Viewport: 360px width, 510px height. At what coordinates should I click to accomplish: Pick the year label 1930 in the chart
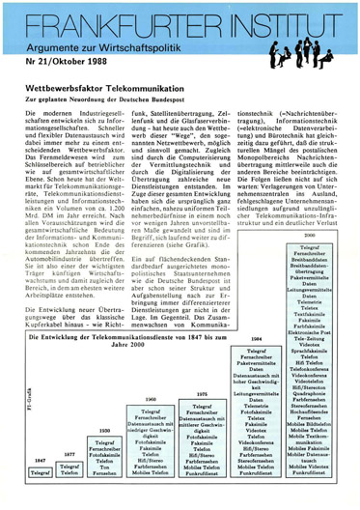click(105, 430)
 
